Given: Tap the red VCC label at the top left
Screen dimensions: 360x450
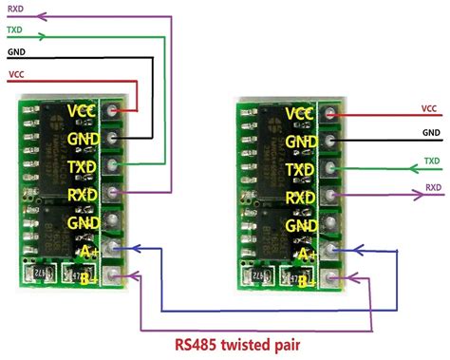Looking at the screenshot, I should tap(16, 73).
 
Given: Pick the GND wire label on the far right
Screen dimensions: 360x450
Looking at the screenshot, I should tap(429, 134).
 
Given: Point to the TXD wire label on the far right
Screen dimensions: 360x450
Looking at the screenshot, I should tap(431, 161).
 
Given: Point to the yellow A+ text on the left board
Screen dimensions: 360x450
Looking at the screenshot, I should tap(86, 251).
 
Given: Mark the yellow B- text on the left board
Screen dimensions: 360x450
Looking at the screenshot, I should tap(86, 278).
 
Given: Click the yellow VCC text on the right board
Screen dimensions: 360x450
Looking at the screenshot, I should tap(300, 114).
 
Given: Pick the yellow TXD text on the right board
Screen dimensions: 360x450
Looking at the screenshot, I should tap(300, 171).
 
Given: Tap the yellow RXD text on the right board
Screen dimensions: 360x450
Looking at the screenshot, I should tap(300, 199).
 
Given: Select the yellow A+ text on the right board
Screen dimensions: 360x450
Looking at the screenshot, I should tap(305, 255).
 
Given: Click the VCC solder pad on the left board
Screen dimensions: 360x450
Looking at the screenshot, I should tap(115, 111).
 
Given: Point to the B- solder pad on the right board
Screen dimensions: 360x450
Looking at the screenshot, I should tap(330, 280).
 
